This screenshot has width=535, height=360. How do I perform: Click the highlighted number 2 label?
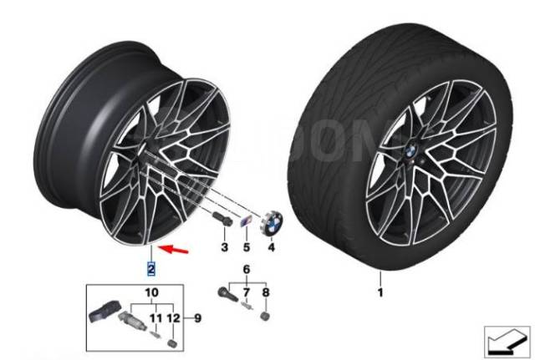pyautogui.click(x=150, y=268)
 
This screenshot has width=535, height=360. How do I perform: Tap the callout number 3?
pyautogui.click(x=224, y=248)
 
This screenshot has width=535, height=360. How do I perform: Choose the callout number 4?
pyautogui.click(x=247, y=248)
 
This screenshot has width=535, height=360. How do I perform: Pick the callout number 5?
pyautogui.click(x=246, y=269)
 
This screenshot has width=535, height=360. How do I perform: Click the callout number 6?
pyautogui.click(x=246, y=293)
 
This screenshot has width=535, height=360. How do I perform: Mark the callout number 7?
pyautogui.click(x=266, y=293)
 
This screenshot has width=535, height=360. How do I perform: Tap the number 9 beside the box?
pyautogui.click(x=150, y=293)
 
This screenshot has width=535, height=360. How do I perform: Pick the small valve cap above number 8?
pyautogui.click(x=267, y=318)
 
